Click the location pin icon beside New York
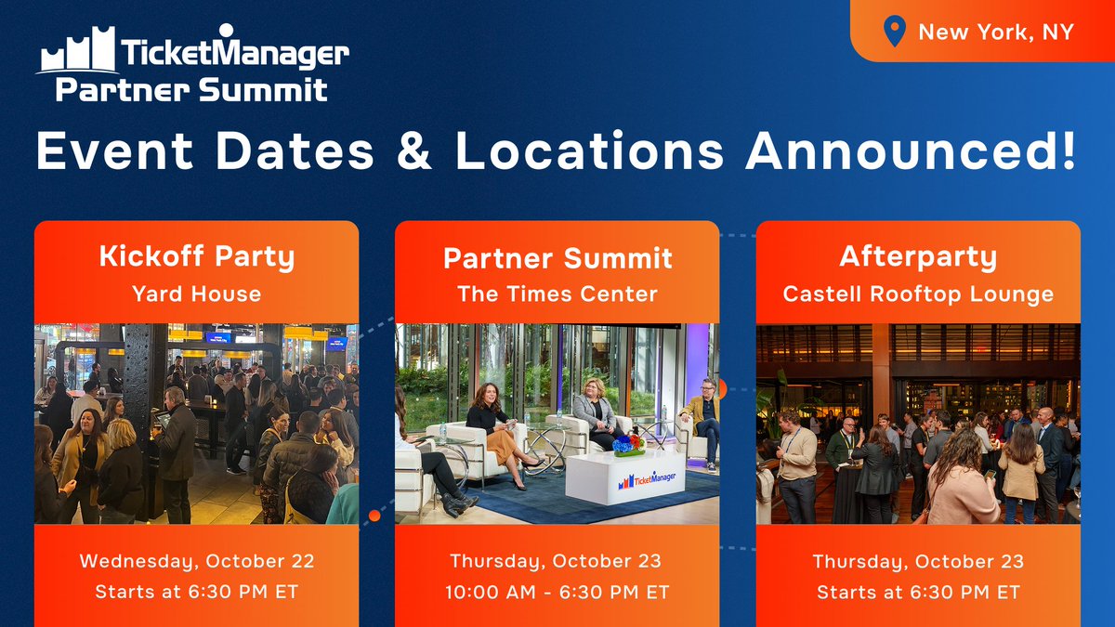coord(893,32)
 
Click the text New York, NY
coord(995,32)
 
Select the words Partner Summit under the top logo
coord(190,89)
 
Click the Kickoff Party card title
coord(196,256)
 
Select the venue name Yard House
coord(196,294)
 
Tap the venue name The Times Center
coord(557,294)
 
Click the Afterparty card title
coord(918,256)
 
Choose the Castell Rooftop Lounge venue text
coord(918,294)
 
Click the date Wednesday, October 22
coord(196,561)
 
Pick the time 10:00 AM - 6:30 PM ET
coord(557,592)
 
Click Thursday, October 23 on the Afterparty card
coord(918,561)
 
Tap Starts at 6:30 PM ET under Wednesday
coord(196,592)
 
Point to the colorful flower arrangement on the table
coord(629,444)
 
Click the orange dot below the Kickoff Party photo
coord(374,516)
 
